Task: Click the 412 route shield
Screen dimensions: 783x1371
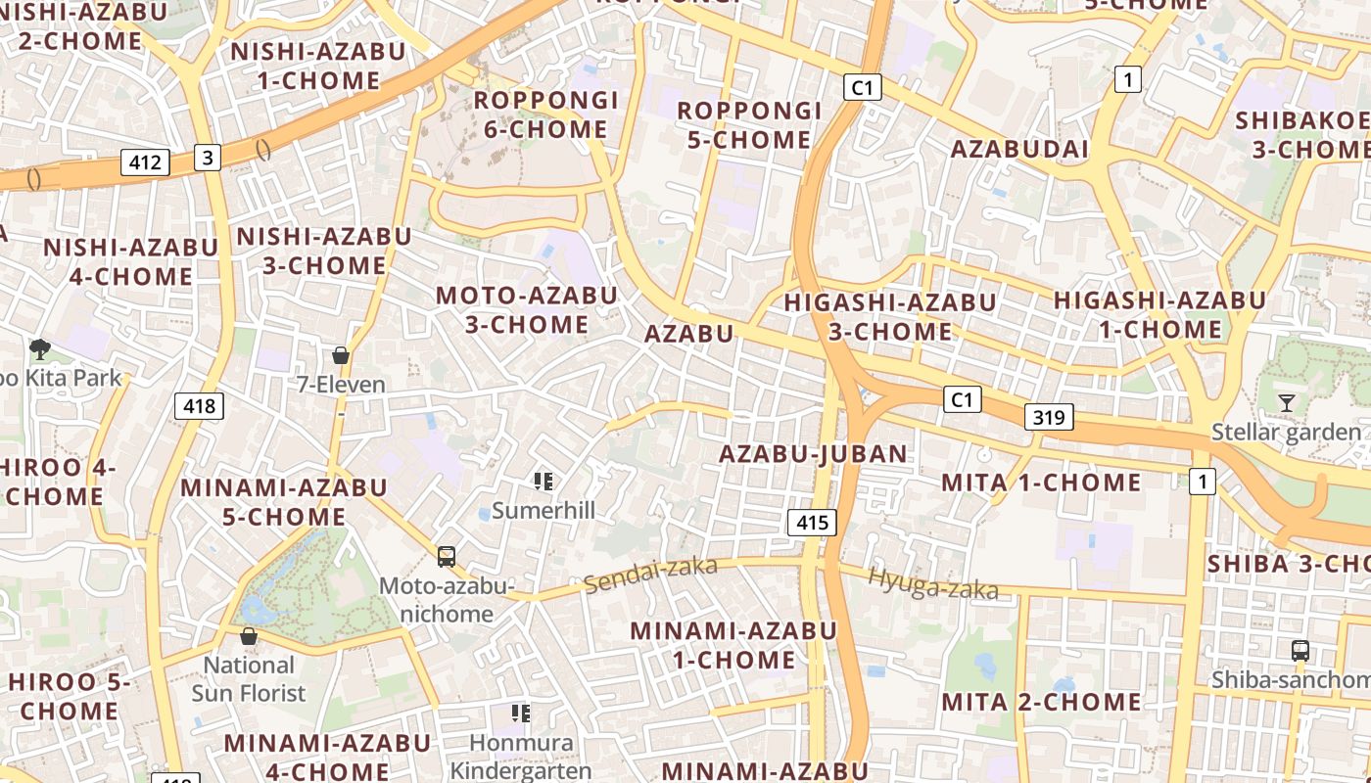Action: pos(145,161)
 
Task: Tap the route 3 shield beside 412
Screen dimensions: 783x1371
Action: pos(207,157)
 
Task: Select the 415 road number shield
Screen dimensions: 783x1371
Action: pos(812,523)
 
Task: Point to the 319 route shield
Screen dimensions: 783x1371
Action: pos(1049,418)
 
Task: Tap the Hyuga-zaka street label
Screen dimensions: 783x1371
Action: pos(933,583)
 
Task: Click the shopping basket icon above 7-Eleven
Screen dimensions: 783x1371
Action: pos(341,355)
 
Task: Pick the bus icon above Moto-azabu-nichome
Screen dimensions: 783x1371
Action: pos(447,557)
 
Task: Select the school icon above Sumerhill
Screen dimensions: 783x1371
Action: pos(544,481)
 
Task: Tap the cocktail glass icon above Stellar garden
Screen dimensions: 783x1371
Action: pos(1286,402)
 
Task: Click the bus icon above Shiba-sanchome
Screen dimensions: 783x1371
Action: pos(1300,650)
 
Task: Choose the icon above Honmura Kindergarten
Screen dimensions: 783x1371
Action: pos(520,713)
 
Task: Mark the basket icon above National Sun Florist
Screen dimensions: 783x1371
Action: pos(249,636)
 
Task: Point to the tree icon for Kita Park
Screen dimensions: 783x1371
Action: pos(40,347)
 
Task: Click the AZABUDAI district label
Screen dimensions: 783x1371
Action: pos(1019,149)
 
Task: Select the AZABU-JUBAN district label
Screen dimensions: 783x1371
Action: pos(813,454)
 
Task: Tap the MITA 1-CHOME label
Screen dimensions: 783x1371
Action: pos(1040,483)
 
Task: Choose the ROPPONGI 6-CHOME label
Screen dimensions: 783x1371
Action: pos(545,115)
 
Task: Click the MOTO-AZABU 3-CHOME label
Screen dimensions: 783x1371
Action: pos(526,309)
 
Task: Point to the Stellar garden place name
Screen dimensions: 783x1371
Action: pos(1286,432)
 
